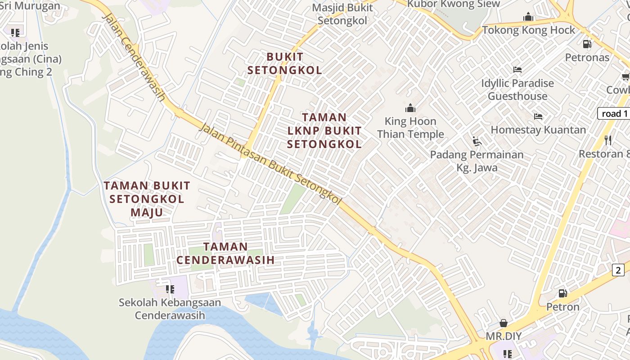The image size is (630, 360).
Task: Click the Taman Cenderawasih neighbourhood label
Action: click(x=225, y=253)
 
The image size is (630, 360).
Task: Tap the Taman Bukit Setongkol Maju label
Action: click(x=147, y=199)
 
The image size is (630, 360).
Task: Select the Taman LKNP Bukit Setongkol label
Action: click(x=324, y=131)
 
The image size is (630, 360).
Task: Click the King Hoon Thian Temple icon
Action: click(x=410, y=108)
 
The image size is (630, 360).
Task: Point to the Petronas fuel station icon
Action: click(x=587, y=44)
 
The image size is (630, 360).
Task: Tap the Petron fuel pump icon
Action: click(x=562, y=293)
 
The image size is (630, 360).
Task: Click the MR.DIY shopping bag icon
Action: click(x=504, y=323)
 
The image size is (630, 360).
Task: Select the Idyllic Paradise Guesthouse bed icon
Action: click(x=517, y=70)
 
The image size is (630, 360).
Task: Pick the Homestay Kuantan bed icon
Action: click(x=538, y=117)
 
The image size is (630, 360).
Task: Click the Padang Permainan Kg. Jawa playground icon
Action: click(x=477, y=141)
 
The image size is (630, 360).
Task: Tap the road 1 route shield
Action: click(x=614, y=113)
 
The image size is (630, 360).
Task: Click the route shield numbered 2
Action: click(x=618, y=270)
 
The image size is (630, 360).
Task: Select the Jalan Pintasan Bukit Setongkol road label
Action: click(x=270, y=164)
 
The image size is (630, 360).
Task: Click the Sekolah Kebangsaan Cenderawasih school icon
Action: click(x=170, y=289)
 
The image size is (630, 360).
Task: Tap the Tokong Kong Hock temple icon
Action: click(x=528, y=17)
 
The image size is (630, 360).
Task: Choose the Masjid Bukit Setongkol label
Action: click(x=342, y=14)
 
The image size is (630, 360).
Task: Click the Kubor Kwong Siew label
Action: click(x=453, y=4)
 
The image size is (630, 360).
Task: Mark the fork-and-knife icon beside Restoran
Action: click(x=608, y=140)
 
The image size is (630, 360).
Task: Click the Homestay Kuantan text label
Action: click(x=538, y=130)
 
